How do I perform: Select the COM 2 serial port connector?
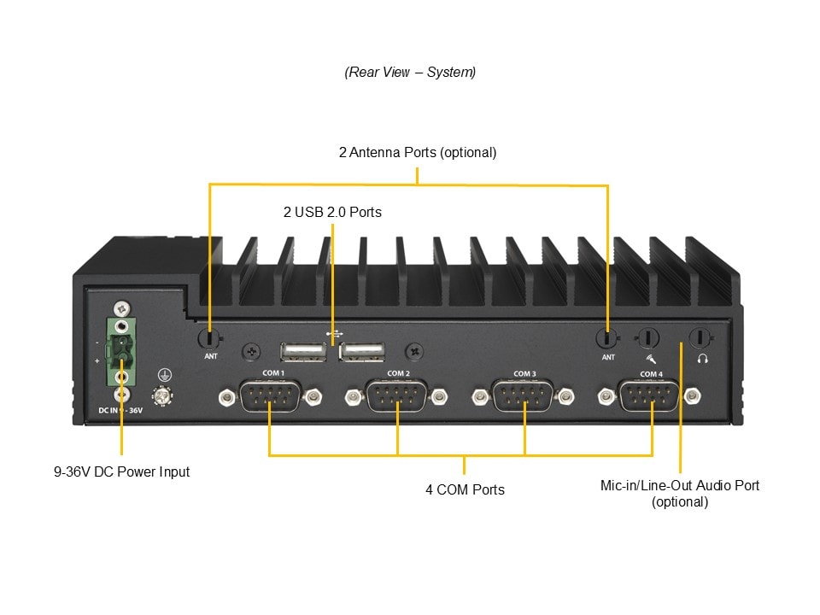click(x=397, y=396)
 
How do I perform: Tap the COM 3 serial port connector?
click(x=524, y=396)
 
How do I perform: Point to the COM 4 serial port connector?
click(x=650, y=396)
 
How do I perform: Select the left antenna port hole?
click(x=210, y=337)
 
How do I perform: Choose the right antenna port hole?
click(x=607, y=338)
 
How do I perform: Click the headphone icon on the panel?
click(x=702, y=359)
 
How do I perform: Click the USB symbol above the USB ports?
click(x=332, y=334)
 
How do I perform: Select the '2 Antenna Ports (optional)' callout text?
click(x=417, y=153)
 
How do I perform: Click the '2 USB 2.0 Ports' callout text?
click(x=332, y=211)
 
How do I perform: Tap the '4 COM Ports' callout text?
click(x=465, y=489)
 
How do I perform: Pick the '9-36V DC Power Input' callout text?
click(x=121, y=471)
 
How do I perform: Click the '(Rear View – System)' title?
click(x=410, y=73)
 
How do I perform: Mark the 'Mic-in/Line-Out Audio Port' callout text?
click(x=680, y=485)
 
